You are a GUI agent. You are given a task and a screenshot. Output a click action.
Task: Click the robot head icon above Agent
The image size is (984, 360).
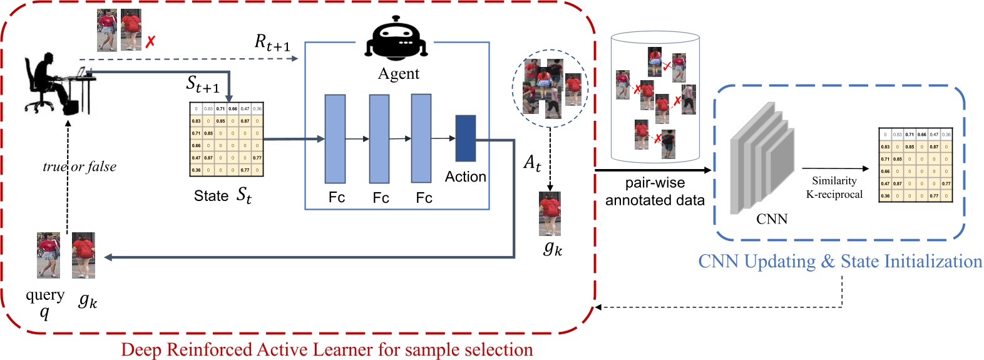pyautogui.click(x=397, y=42)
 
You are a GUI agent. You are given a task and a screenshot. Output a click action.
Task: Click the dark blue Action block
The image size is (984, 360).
pyautogui.click(x=465, y=138)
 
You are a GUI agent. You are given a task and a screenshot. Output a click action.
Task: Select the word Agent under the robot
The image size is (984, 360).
pyautogui.click(x=398, y=74)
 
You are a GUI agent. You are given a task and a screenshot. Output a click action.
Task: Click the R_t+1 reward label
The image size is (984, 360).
pyautogui.click(x=272, y=43)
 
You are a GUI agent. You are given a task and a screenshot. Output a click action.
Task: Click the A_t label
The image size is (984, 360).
pyautogui.click(x=532, y=163)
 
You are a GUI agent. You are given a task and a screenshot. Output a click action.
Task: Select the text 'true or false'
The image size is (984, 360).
pyautogui.click(x=79, y=167)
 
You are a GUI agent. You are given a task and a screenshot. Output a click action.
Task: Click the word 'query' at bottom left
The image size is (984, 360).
pyautogui.click(x=45, y=294)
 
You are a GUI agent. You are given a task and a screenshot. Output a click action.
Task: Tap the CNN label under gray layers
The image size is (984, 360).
pyautogui.click(x=771, y=219)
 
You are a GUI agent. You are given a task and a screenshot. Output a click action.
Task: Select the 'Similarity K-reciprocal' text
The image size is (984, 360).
pyautogui.click(x=834, y=187)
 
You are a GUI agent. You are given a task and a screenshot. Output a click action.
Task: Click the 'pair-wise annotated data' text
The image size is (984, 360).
pyautogui.click(x=655, y=192)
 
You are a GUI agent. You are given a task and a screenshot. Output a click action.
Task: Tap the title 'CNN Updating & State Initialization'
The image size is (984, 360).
pyautogui.click(x=840, y=261)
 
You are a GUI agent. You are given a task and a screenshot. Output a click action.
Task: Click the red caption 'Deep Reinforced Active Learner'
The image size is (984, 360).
pyautogui.click(x=327, y=349)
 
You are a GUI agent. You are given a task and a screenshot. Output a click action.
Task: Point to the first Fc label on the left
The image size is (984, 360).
pyautogui.click(x=337, y=198)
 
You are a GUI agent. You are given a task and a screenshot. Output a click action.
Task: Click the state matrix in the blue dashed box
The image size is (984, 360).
pyautogui.click(x=915, y=165)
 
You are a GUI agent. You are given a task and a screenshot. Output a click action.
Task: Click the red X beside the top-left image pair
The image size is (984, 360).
pyautogui.click(x=150, y=42)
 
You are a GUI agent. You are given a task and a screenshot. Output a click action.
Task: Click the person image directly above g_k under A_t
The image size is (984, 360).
pyautogui.click(x=550, y=213)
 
